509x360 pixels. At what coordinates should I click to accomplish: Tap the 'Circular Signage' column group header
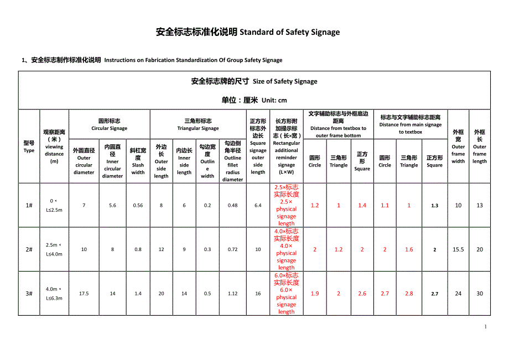(x=109, y=124)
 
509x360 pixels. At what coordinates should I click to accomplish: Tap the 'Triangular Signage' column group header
(x=198, y=124)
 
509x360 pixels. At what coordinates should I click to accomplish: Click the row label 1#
(x=29, y=205)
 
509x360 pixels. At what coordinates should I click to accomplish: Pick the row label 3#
(x=29, y=294)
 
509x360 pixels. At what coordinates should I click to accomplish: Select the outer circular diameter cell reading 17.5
(x=84, y=294)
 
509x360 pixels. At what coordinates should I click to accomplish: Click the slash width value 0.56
(x=138, y=205)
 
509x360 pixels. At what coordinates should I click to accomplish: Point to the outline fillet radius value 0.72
(x=232, y=249)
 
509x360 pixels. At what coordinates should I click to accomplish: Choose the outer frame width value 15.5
(x=458, y=249)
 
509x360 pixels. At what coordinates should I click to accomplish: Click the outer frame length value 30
(x=480, y=294)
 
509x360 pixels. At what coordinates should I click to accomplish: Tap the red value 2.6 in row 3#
(x=362, y=294)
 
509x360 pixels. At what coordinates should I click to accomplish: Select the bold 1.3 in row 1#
(x=434, y=206)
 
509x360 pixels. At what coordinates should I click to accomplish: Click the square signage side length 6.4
(x=258, y=205)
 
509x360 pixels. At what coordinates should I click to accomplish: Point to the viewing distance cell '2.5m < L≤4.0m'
(x=54, y=249)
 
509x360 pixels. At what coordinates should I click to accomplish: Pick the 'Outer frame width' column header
(x=458, y=147)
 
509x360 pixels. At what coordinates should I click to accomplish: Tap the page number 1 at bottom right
(x=486, y=327)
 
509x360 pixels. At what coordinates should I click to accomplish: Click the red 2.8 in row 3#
(x=409, y=294)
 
